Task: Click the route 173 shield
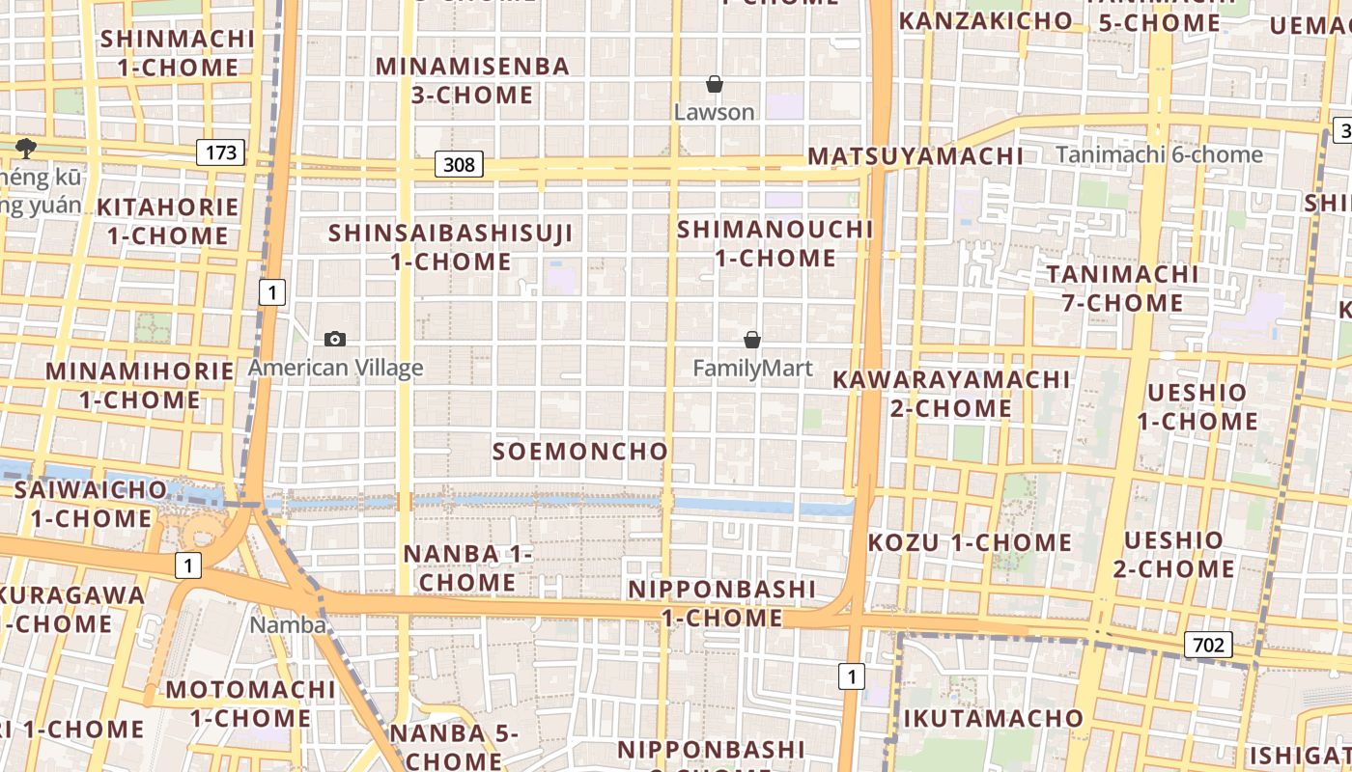click(220, 152)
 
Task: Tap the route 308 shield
click(458, 164)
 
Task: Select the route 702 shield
click(1208, 645)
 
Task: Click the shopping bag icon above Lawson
click(715, 85)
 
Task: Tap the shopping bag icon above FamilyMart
click(752, 340)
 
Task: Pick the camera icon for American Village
click(335, 339)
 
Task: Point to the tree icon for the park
click(25, 148)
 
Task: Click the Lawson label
click(715, 112)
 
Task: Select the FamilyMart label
click(752, 368)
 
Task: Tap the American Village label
click(335, 368)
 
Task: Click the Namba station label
click(288, 624)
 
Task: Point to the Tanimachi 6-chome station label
click(1159, 154)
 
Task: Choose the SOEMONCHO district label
click(580, 451)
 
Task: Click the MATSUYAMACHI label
click(915, 155)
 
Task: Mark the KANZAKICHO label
click(986, 20)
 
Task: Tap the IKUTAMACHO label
click(994, 718)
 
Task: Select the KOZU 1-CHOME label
click(970, 542)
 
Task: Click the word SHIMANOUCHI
click(775, 229)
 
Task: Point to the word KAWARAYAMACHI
click(951, 379)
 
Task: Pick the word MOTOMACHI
click(250, 689)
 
